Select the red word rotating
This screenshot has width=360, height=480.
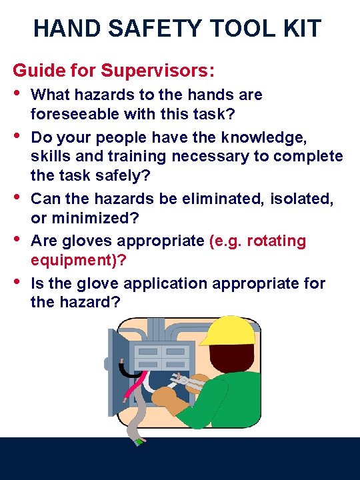click(276, 241)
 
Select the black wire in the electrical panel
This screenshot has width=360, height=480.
click(123, 370)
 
